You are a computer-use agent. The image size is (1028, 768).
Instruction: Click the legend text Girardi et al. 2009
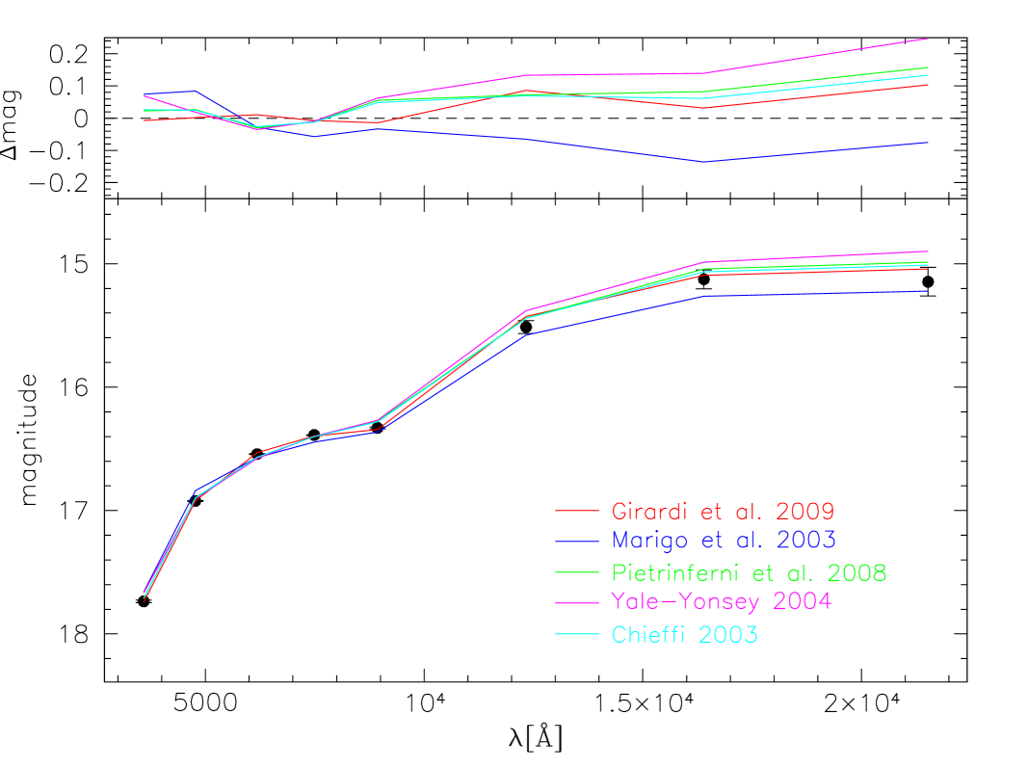723,511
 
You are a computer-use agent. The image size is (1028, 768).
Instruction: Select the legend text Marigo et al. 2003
723,539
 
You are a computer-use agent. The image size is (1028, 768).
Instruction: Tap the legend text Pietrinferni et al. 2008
749,572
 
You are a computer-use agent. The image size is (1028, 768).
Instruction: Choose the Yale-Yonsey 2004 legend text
721,601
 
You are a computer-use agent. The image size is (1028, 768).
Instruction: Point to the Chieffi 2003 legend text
684,635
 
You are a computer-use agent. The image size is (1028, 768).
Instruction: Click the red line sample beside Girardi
577,511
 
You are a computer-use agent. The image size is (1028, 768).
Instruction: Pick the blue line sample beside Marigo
577,540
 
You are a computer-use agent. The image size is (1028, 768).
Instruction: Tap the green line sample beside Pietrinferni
577,572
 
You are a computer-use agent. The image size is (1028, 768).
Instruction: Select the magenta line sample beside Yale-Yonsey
577,603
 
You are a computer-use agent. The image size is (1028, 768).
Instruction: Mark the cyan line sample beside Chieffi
577,634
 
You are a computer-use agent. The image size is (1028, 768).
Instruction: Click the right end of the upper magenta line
928,40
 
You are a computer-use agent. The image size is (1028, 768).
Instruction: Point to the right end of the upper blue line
928,143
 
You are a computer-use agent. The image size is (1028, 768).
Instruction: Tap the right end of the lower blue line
928,291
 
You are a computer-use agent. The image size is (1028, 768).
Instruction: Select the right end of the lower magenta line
928,252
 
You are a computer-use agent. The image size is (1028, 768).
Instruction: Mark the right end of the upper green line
928,67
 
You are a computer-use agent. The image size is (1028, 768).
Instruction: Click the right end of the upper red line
928,85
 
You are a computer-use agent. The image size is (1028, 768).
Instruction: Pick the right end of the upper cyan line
928,75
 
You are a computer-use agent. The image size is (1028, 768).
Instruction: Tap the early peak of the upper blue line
196,91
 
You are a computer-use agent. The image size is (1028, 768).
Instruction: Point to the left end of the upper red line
144,120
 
